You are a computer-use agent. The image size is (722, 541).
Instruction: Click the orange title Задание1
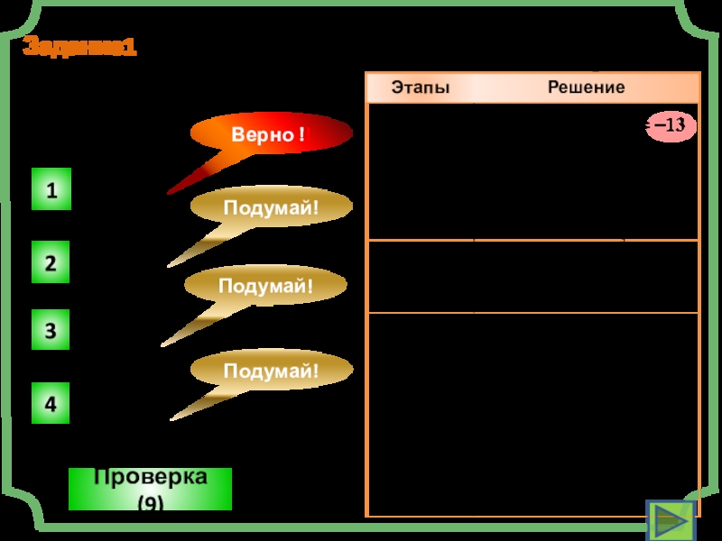coord(79,48)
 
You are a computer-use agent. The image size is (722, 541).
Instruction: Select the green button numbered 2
coord(51,264)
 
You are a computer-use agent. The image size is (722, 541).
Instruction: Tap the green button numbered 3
coord(51,332)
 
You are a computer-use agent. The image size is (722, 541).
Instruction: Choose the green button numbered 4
coord(51,405)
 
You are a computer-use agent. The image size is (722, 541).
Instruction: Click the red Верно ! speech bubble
coord(270,135)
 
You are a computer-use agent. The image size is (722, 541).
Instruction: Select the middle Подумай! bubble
coord(266,287)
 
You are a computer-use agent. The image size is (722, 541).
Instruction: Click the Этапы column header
coord(420,87)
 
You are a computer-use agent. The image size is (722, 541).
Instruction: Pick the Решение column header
coord(586,87)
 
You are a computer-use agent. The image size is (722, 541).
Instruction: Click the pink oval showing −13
coord(671,126)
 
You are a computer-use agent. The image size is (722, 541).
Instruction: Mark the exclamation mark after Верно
coord(301,135)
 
